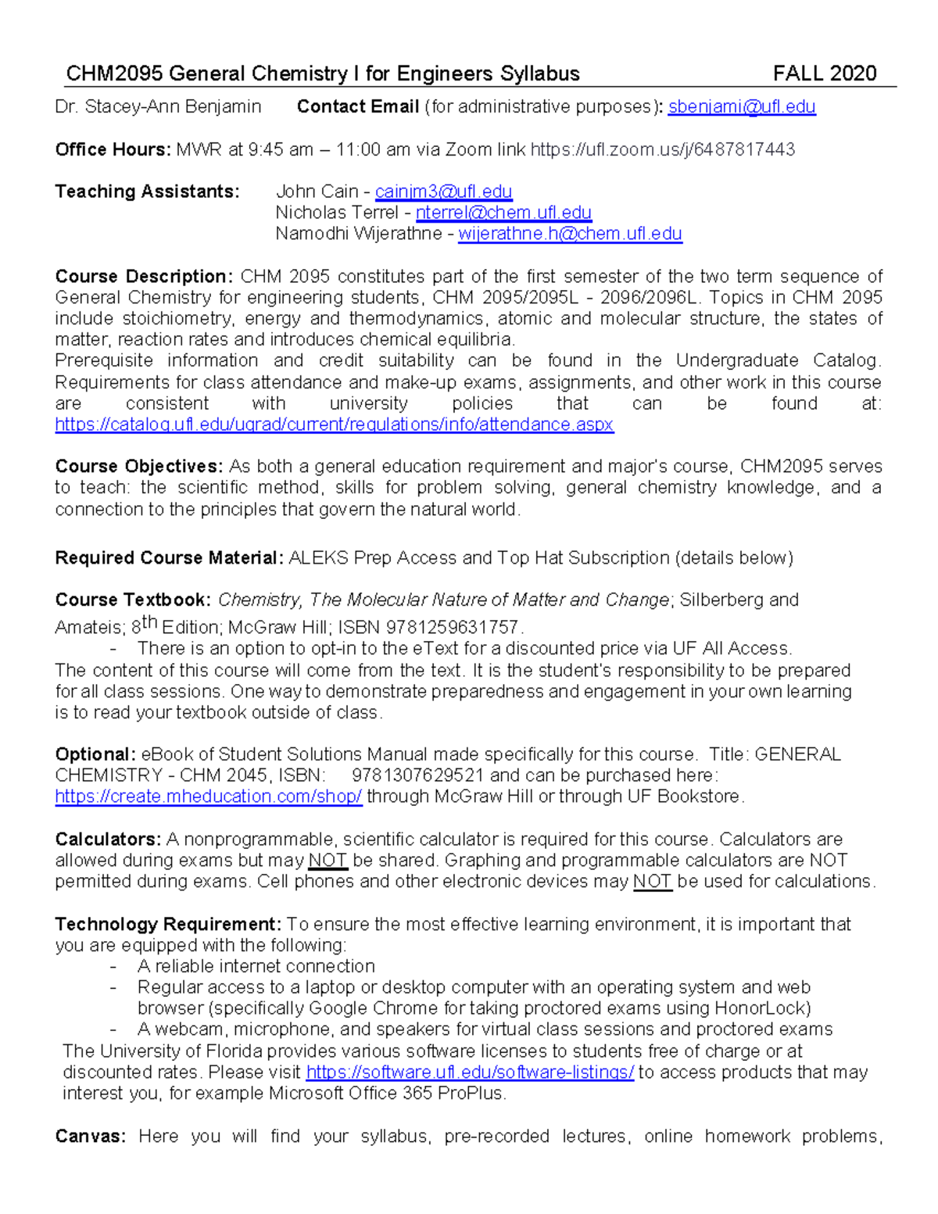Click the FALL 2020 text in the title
click(x=824, y=74)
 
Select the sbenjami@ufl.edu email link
click(x=741, y=107)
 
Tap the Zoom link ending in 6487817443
click(x=662, y=149)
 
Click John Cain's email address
click(x=443, y=192)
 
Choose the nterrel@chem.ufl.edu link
click(x=503, y=213)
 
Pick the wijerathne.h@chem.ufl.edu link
click(x=570, y=234)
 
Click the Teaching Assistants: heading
click(x=147, y=192)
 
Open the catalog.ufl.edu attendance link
click(x=334, y=424)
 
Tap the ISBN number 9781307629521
click(x=417, y=775)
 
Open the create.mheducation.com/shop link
click(x=209, y=797)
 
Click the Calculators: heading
click(x=108, y=840)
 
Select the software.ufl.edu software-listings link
click(x=470, y=1073)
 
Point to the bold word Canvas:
click(x=90, y=1136)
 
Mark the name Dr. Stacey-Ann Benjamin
click(x=158, y=107)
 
